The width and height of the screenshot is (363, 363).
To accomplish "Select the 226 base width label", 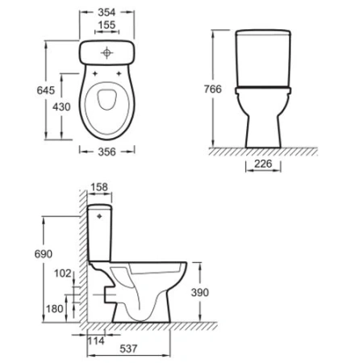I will (263, 165).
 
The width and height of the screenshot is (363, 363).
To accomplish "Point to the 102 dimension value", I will (62, 273).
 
